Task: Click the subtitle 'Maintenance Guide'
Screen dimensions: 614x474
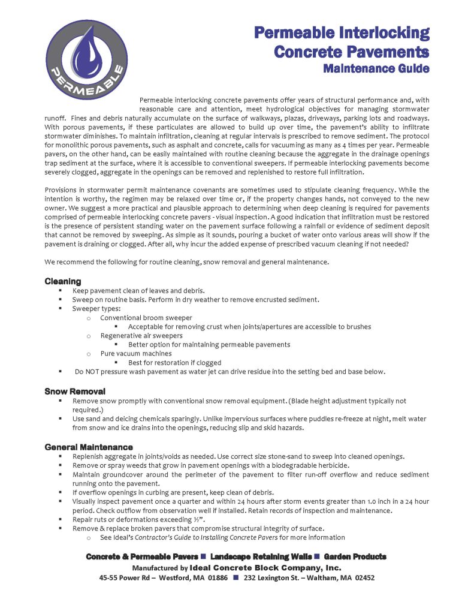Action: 376,68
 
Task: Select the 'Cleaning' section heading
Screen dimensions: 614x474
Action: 63,281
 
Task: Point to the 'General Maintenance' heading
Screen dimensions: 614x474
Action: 89,447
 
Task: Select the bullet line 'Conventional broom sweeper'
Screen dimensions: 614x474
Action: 146,317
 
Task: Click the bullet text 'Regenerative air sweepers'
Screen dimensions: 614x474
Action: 141,335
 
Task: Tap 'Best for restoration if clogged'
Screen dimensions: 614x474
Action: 174,362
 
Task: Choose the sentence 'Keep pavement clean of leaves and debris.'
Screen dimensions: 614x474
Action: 138,290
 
